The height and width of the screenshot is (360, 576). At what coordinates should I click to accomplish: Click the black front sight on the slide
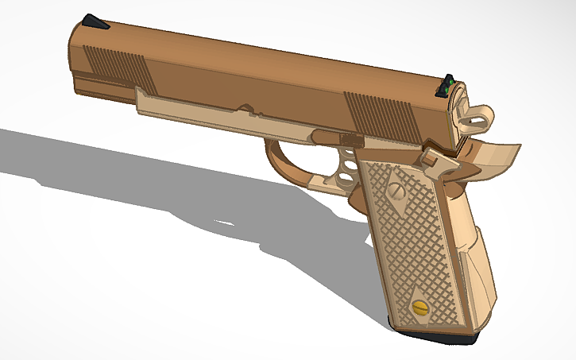[95, 22]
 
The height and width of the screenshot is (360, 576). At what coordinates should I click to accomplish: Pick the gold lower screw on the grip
[419, 308]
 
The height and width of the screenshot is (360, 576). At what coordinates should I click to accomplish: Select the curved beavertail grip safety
[497, 155]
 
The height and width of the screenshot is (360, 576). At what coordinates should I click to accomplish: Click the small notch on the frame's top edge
[247, 108]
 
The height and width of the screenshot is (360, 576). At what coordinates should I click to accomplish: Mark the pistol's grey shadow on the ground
[159, 183]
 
